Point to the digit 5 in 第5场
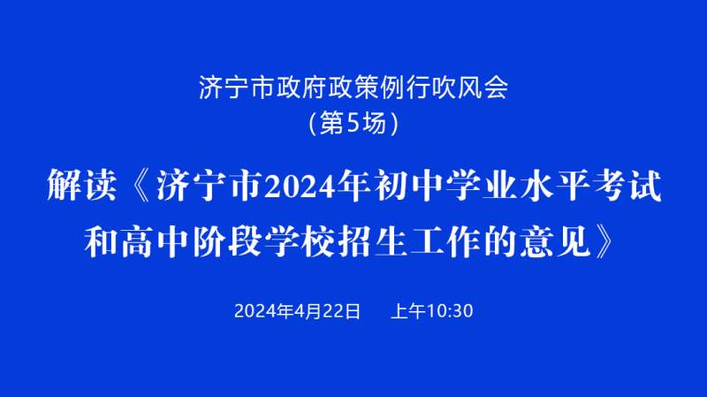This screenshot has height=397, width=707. [353, 123]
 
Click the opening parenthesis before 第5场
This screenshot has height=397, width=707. [313, 123]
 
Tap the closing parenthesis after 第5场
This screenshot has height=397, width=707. [394, 123]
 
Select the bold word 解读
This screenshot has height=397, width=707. [82, 186]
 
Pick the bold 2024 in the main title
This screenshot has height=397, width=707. [300, 187]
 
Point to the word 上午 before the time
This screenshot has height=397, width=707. [407, 311]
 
